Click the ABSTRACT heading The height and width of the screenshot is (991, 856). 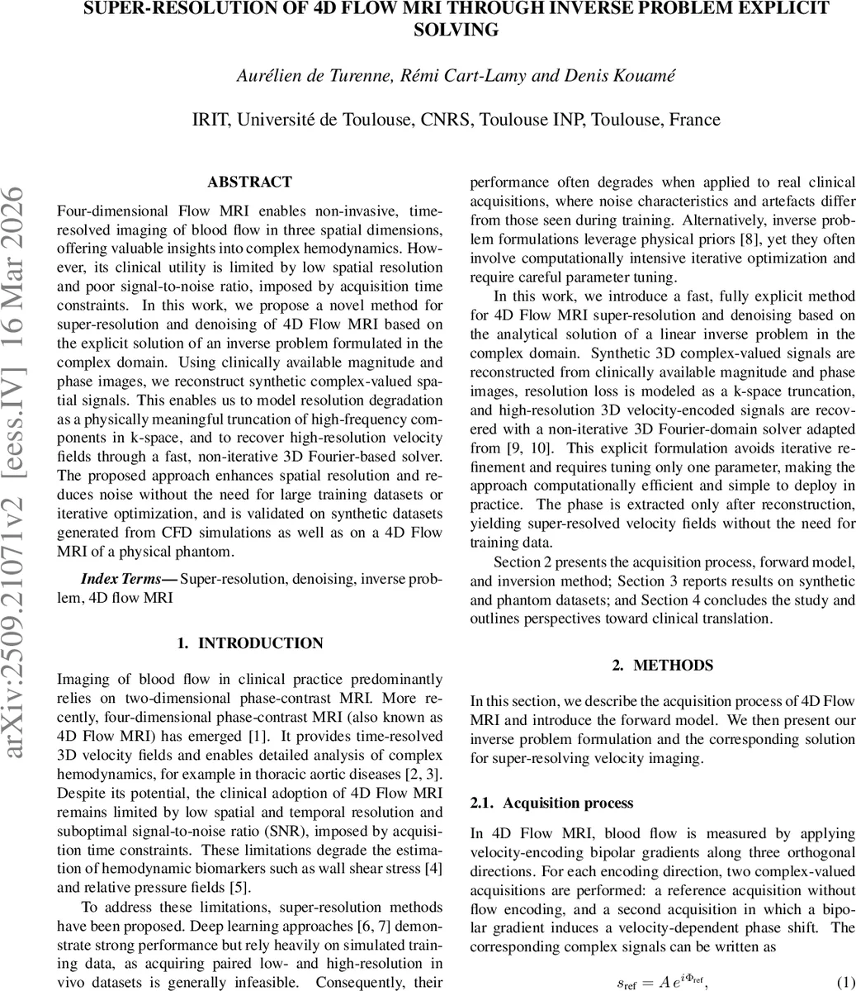[249, 182]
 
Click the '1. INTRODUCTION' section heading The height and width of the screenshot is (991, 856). [249, 643]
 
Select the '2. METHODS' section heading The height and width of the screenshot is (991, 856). [662, 665]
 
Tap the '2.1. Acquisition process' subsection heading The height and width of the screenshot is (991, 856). [551, 803]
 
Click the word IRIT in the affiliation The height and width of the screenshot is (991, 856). [211, 120]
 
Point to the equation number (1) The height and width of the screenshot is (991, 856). [844, 982]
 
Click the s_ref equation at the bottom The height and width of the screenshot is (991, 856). [663, 982]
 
